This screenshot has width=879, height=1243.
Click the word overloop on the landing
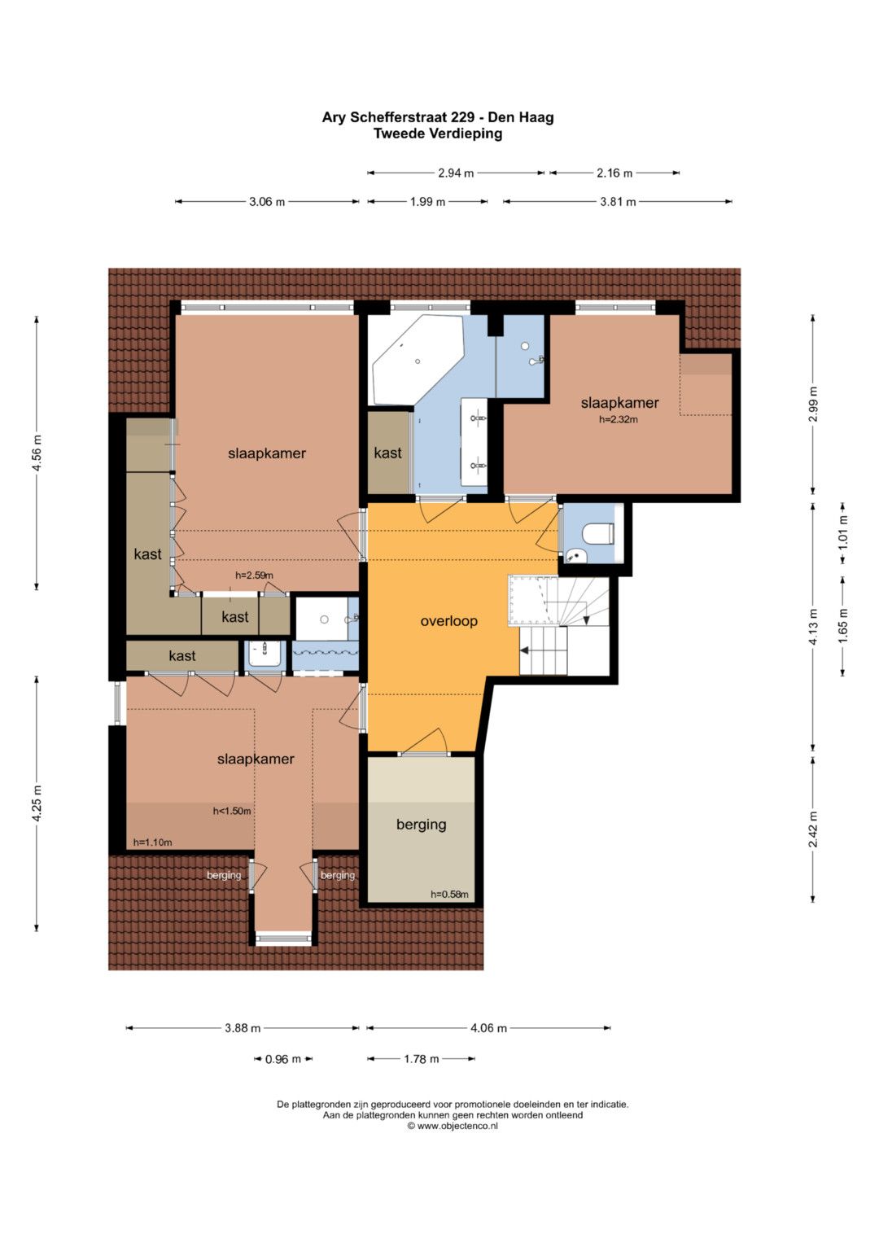[448, 621]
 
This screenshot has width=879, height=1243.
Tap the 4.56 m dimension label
[37, 453]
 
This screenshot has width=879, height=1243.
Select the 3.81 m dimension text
[618, 202]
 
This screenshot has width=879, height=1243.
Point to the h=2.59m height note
[254, 576]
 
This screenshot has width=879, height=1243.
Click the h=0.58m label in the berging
[449, 894]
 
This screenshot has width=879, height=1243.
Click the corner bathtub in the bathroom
[418, 360]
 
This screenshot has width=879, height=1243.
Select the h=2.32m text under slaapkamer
[619, 419]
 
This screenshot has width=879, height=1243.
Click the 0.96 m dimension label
[283, 1059]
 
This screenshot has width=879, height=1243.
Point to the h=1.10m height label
[153, 843]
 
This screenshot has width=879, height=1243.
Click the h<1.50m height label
[232, 812]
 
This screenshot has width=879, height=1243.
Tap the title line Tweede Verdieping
[438, 133]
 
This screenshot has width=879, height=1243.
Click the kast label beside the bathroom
[387, 453]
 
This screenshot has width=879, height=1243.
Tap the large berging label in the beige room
[422, 825]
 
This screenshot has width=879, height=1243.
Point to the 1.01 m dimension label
[843, 532]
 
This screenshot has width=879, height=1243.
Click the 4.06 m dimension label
[488, 1028]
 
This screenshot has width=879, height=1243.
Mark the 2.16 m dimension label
[614, 173]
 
